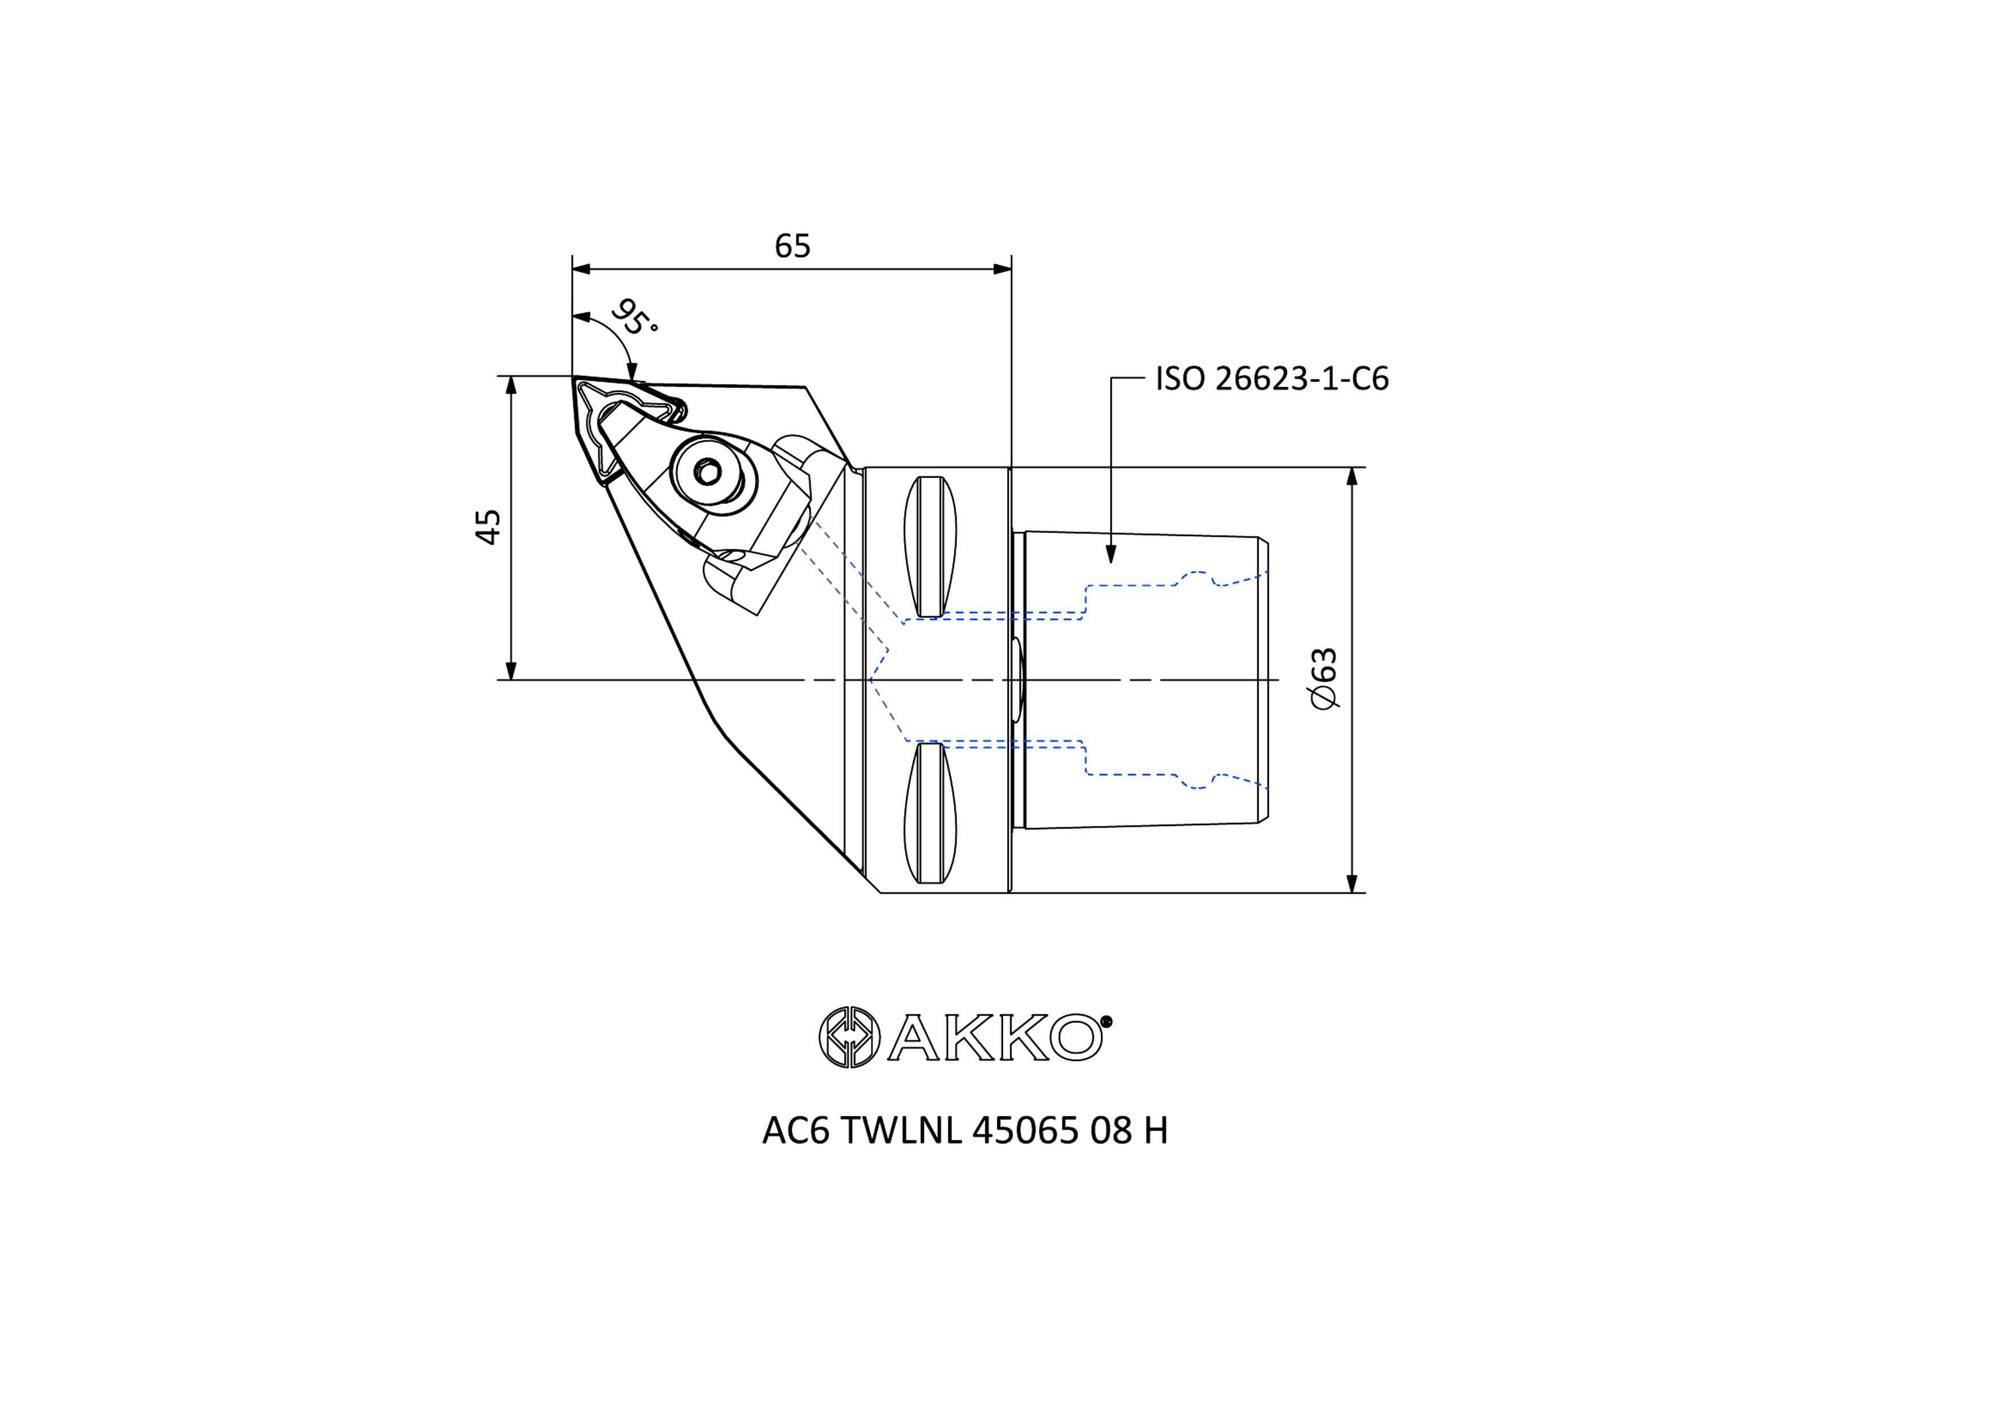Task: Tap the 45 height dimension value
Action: (489, 526)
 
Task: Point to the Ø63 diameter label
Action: (1325, 679)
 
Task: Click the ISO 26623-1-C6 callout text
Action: (1272, 379)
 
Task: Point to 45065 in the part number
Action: (1025, 1131)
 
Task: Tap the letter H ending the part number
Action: (1156, 1131)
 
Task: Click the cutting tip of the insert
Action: (574, 377)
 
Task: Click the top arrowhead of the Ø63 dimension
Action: (1352, 477)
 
